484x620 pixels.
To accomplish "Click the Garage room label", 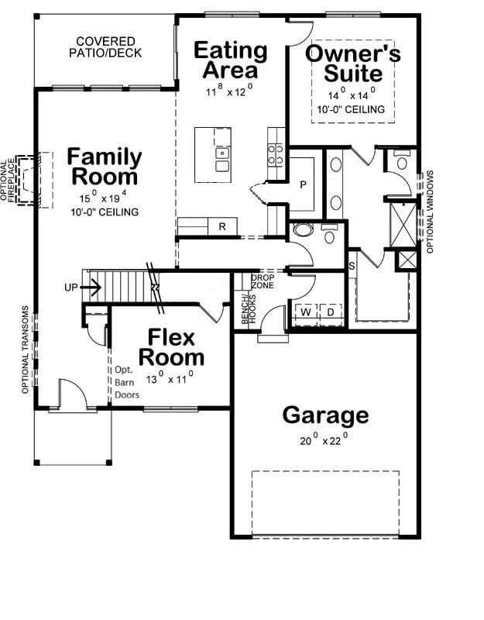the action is tap(325, 415).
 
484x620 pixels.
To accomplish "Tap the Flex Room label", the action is tap(171, 347).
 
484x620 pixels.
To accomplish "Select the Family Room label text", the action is tap(105, 167).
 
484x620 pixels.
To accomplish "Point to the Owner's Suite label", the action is tap(353, 64).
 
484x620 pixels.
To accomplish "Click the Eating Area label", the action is tap(230, 60).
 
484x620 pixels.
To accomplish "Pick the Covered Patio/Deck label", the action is tap(105, 47).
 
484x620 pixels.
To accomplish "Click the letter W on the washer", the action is tap(306, 312).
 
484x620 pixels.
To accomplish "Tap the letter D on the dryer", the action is tap(331, 312).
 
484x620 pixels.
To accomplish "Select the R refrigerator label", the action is tap(222, 226).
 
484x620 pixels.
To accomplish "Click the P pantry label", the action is tap(303, 184).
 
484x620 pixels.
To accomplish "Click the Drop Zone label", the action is tap(263, 281).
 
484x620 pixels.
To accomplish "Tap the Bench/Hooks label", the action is tap(249, 308).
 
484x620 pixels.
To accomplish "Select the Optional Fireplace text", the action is tap(7, 181).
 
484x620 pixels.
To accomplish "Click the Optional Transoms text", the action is tap(26, 350).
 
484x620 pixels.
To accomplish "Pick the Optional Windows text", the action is tap(431, 212).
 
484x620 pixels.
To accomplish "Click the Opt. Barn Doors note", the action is tap(127, 382).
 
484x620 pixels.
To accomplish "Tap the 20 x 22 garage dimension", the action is tap(324, 439).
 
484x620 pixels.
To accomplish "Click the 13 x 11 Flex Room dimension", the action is tap(170, 378).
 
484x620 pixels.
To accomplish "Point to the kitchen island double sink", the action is tap(222, 160).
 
